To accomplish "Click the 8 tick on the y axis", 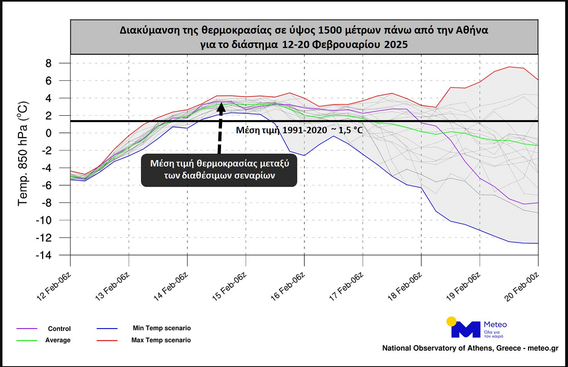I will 49,63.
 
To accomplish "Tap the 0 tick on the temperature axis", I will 49,133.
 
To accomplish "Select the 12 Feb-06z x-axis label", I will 54,286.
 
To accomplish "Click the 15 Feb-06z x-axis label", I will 229,286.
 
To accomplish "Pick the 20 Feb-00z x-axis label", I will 522,286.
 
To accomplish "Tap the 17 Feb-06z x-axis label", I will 346,286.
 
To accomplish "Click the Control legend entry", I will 59,329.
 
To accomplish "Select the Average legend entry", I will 58,340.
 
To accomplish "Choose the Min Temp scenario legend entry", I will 161,328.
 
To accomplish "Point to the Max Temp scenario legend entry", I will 161,340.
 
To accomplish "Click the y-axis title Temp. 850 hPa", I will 23,154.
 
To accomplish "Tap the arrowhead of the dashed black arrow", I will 221,107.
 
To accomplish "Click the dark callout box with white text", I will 219,170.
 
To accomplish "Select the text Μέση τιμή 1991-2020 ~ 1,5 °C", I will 299,130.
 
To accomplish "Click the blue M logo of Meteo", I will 466,329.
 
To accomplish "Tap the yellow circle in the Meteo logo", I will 451,321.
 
